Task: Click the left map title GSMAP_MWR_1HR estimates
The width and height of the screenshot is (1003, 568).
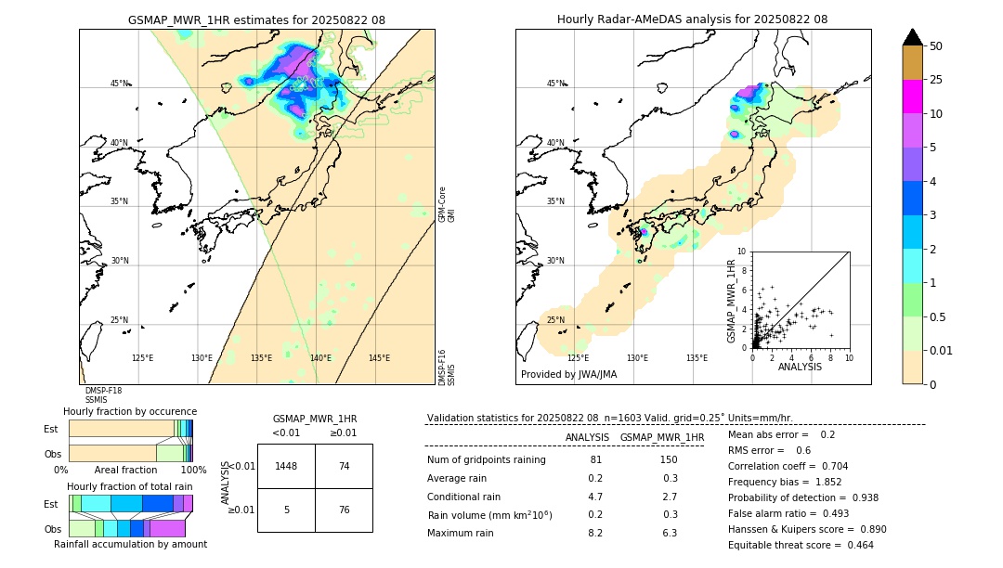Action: point(256,19)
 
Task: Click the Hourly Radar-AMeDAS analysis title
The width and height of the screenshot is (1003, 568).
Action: point(692,19)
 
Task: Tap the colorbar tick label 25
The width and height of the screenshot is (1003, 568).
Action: point(937,80)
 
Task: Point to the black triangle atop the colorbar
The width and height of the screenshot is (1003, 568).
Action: point(913,37)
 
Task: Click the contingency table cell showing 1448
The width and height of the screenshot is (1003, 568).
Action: point(286,466)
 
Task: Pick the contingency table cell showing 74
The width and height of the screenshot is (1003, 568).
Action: point(344,466)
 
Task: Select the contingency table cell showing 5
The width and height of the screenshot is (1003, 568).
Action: point(286,509)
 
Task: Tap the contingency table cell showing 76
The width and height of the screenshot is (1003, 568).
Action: point(344,509)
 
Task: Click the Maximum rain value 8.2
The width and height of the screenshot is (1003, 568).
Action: point(594,533)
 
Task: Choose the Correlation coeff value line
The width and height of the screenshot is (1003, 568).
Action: point(788,466)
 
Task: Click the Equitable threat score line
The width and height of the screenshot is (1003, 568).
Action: point(801,545)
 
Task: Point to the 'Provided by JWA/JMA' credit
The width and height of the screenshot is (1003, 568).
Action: point(568,374)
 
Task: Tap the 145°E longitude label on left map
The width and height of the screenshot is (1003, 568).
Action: point(379,358)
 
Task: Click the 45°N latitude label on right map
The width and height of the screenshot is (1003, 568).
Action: point(555,84)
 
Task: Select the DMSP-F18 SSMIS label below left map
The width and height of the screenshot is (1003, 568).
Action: point(103,395)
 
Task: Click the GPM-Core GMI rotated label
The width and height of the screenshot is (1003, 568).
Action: point(446,203)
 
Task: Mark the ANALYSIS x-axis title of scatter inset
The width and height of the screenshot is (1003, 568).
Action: point(800,367)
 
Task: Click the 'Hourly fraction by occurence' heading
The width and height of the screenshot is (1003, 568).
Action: point(130,411)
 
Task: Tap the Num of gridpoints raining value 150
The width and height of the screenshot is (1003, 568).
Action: point(668,459)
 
